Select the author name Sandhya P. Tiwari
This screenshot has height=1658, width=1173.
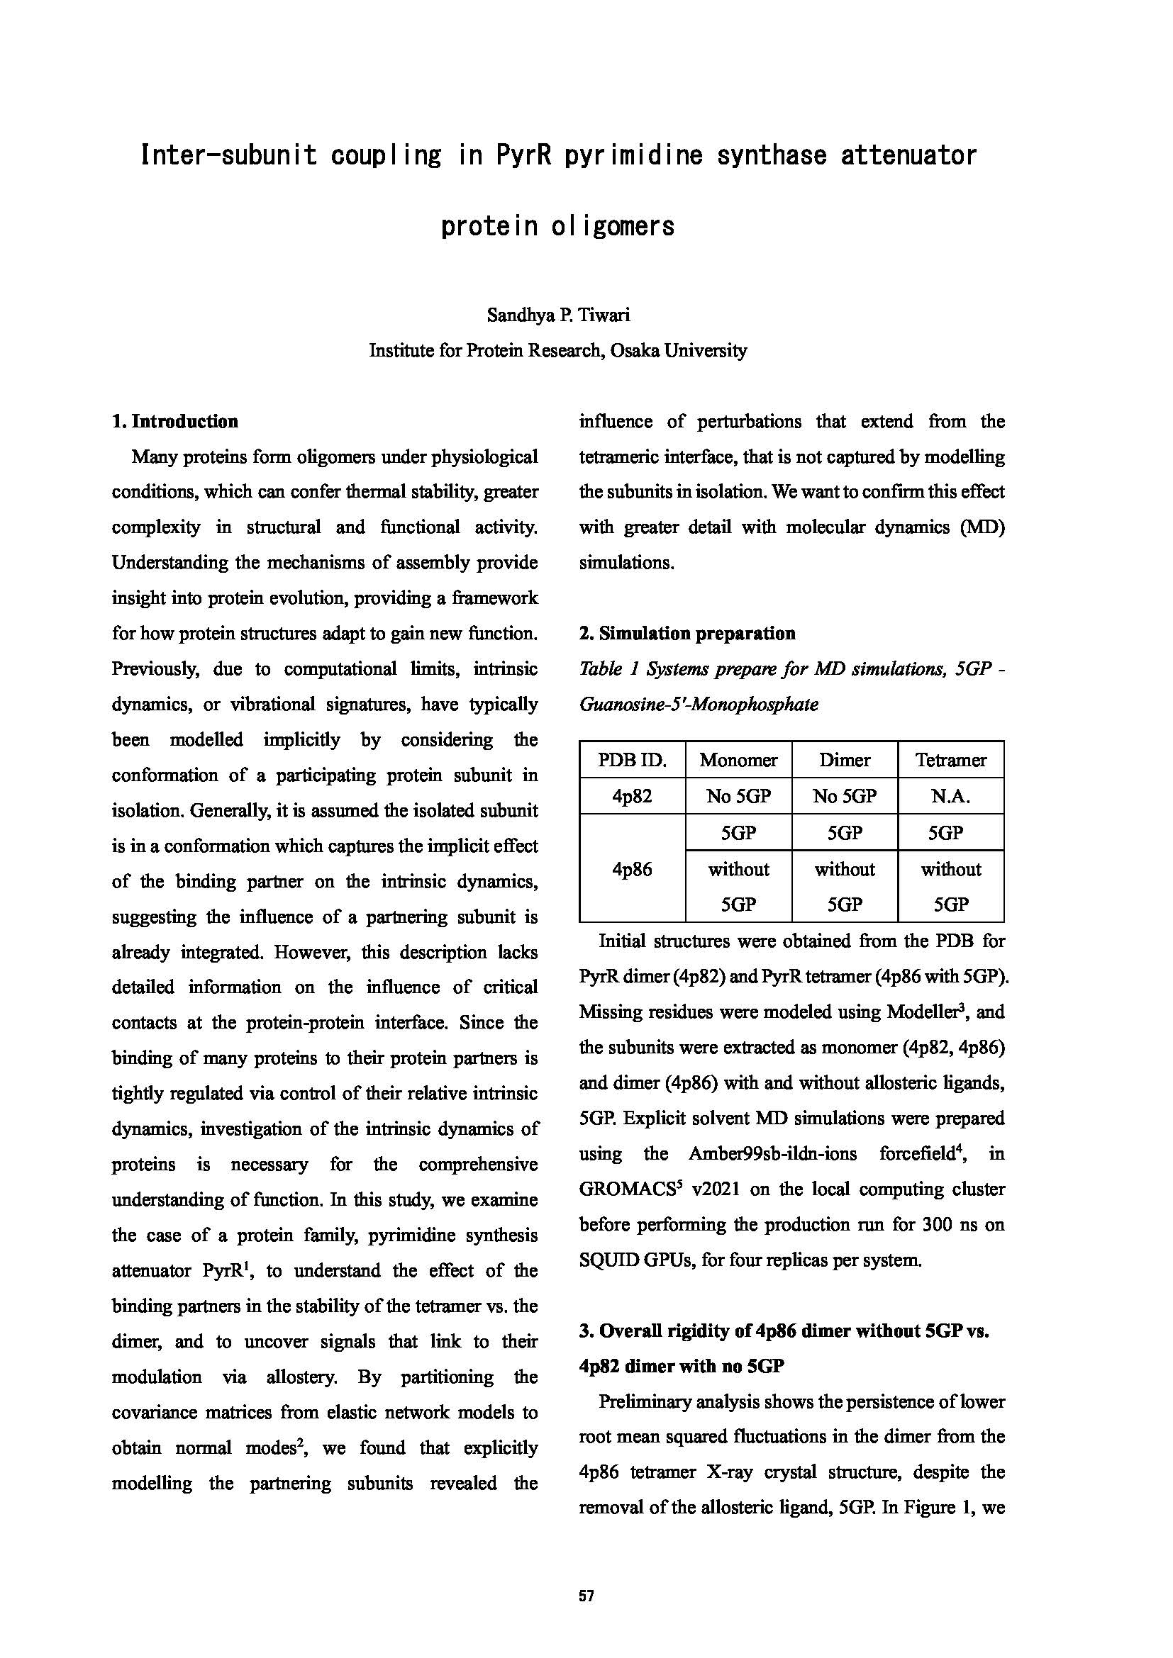point(557,315)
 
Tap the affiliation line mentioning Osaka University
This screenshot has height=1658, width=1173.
point(557,351)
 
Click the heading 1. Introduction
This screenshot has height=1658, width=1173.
point(174,422)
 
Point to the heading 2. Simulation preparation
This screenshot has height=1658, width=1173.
point(687,634)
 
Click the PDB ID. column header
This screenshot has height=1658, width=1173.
point(632,761)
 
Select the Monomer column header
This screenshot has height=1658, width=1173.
point(738,761)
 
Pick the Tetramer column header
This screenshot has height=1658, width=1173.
point(950,761)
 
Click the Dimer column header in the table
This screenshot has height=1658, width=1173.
point(845,761)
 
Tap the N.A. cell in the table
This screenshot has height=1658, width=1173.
point(950,797)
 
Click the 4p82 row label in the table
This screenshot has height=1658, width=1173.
point(632,797)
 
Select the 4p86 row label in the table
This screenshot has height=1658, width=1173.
point(632,869)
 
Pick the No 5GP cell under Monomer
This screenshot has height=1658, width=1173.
point(738,797)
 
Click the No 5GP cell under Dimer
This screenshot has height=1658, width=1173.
point(845,797)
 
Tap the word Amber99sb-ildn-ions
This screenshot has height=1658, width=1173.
point(772,1154)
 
